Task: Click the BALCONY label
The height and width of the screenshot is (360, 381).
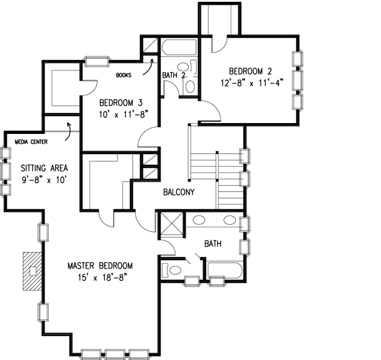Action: click(179, 192)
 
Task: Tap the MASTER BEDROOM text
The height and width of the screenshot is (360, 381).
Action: click(100, 265)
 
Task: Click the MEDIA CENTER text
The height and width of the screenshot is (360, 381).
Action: click(32, 142)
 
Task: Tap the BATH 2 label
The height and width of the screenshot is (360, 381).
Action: click(174, 76)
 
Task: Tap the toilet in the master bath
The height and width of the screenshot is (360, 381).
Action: click(172, 271)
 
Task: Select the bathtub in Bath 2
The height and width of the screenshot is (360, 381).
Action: click(178, 48)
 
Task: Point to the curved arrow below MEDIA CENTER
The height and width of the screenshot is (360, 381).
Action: click(71, 127)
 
